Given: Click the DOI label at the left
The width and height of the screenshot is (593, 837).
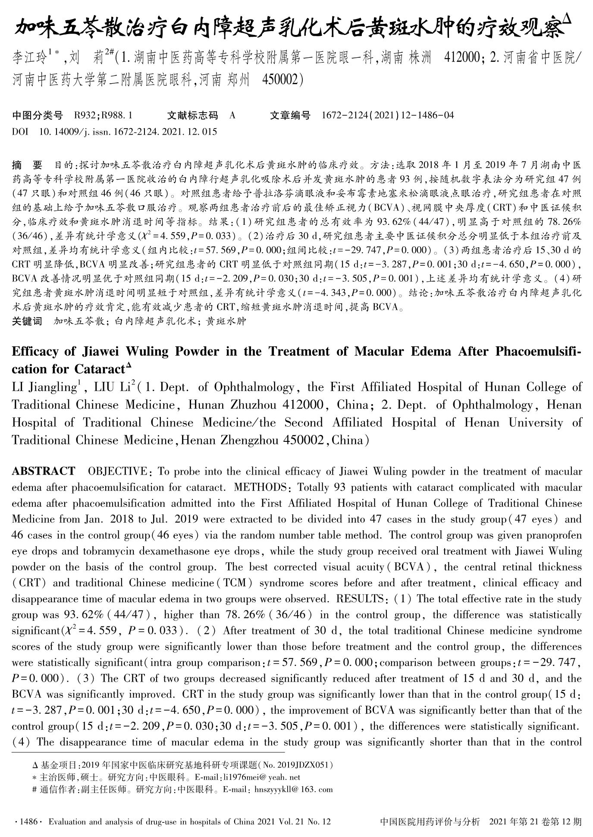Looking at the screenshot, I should pyautogui.click(x=20, y=132).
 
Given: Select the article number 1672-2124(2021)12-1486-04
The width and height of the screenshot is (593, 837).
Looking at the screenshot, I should pyautogui.click(x=388, y=115).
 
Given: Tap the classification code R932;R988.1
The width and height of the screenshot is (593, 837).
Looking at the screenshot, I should pyautogui.click(x=103, y=115).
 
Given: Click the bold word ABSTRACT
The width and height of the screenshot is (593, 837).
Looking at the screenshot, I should pyautogui.click(x=43, y=471).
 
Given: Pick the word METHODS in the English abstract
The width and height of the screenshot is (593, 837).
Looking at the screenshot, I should pyautogui.click(x=260, y=487).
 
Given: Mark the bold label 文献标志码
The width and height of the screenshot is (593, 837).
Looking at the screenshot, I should pyautogui.click(x=192, y=115).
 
